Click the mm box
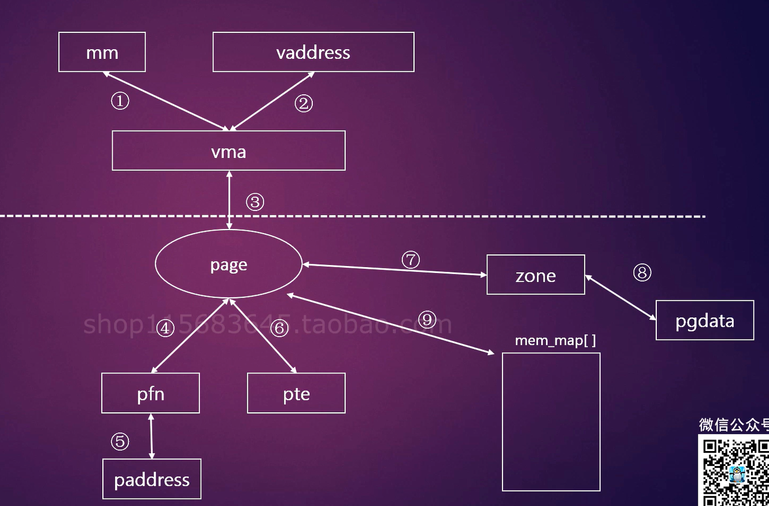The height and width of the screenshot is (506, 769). (102, 52)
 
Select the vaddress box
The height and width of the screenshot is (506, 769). (313, 52)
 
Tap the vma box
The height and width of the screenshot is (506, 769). (228, 150)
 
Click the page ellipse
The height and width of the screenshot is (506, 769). (228, 265)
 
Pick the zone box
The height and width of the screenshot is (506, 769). (535, 275)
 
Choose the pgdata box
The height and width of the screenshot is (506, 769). (704, 320)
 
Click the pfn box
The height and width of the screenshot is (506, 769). (150, 393)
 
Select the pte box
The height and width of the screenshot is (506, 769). (296, 393)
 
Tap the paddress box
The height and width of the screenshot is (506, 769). (151, 479)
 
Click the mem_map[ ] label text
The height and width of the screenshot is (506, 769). (555, 341)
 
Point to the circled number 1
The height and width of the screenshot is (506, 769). (120, 102)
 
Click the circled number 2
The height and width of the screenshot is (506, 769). (304, 103)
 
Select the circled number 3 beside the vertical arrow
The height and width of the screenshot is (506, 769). (255, 202)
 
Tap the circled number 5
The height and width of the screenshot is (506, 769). (120, 442)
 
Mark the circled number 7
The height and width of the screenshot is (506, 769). (411, 260)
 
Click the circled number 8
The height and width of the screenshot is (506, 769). (642, 272)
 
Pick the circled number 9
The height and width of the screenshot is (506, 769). (427, 319)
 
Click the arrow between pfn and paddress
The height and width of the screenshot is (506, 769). (151, 436)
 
